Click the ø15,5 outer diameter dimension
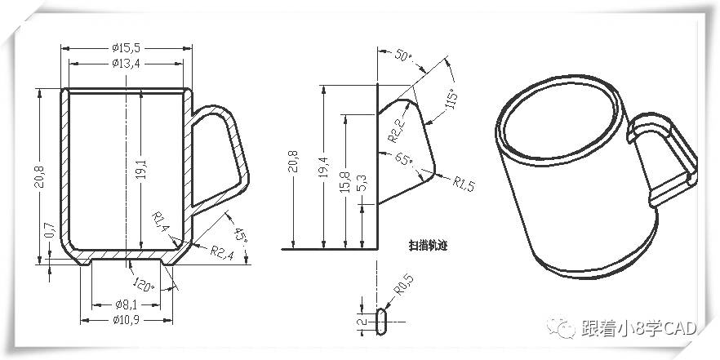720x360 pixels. (127, 48)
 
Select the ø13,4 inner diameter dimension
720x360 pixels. (127, 64)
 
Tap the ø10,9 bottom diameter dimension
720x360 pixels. (127, 319)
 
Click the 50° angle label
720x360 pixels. (403, 56)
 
